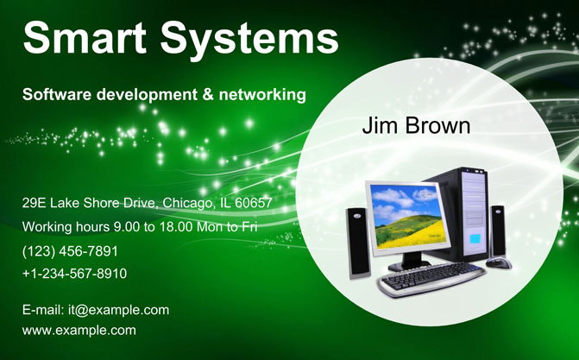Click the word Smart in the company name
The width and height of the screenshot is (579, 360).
point(85,38)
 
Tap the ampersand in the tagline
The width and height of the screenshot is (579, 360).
point(208,94)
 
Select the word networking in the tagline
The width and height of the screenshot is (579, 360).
point(262,95)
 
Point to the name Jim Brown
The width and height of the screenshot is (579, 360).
point(416,126)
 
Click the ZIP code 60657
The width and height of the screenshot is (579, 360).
point(254,203)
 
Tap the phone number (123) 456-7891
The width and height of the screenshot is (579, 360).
point(70,251)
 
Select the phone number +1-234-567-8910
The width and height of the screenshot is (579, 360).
point(74,274)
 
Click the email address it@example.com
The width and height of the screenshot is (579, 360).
point(118,310)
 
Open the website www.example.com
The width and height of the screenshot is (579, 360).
point(79,330)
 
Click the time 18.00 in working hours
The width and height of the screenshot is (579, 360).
point(176,226)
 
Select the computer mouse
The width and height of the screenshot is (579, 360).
point(499,262)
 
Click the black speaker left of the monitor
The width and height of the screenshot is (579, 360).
point(357,243)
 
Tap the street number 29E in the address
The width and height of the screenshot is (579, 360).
point(34,203)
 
